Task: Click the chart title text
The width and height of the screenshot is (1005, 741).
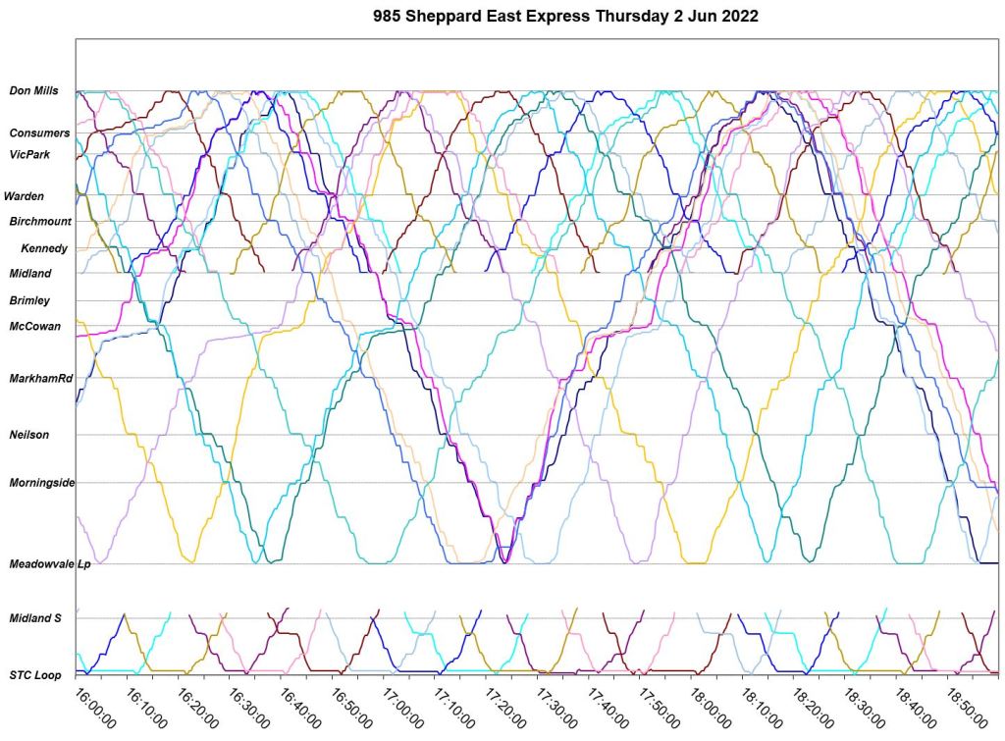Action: [x=566, y=17]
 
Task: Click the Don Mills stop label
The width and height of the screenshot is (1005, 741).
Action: [x=33, y=91]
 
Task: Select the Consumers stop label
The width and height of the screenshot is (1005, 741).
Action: [x=39, y=132]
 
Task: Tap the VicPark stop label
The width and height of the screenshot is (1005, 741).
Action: [x=29, y=154]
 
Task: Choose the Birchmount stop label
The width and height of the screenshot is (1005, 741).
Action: [x=40, y=222]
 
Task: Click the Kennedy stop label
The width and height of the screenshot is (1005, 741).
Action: [x=44, y=248]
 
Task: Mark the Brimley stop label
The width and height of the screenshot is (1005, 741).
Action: [x=29, y=300]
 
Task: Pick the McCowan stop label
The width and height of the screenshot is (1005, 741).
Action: [x=34, y=326]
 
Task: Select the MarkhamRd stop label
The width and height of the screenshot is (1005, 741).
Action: [x=40, y=378]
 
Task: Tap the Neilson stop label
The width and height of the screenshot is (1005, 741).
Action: [x=29, y=434]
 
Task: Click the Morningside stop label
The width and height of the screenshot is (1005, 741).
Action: [x=42, y=483]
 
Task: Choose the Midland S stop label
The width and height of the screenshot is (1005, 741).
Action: [x=35, y=617]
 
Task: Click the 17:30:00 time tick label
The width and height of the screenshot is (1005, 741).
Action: [x=555, y=707]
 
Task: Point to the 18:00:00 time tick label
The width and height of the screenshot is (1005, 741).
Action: [x=709, y=707]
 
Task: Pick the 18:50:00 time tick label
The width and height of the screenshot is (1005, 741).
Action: [x=965, y=707]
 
